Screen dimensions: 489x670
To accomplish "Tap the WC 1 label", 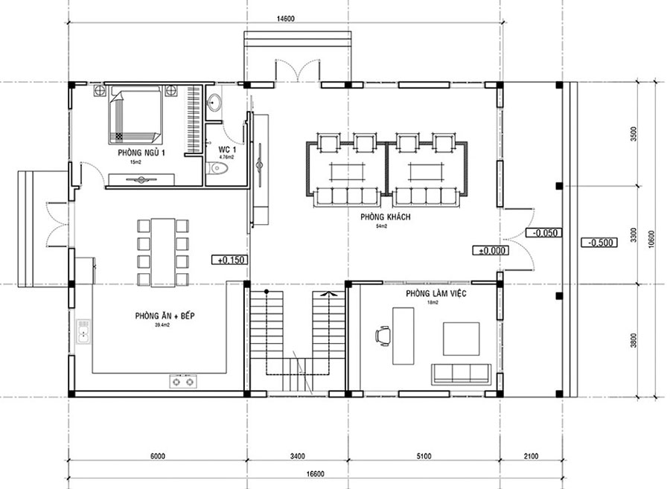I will coord(226,150).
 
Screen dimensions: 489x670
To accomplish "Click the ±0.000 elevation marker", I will coord(488,249).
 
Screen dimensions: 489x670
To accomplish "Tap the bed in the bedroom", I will coord(136,115).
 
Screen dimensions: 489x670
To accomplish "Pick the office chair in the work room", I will coord(383,336).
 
